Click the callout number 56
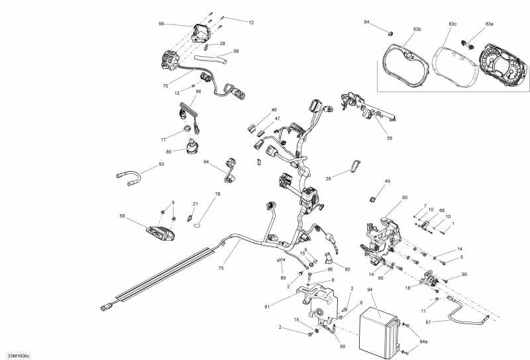click(161, 24)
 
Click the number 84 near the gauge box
click(385, 23)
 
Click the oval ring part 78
click(197, 225)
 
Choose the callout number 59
click(123, 216)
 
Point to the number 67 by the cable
click(429, 322)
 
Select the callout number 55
click(390, 138)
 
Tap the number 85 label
click(169, 151)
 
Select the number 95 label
click(464, 274)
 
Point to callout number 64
click(206, 162)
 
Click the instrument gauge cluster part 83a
click(503, 66)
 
